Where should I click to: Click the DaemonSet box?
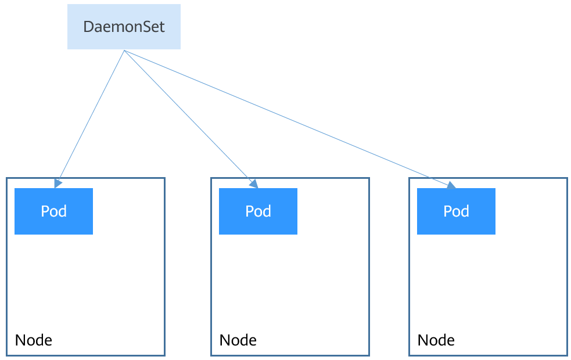coord(124,27)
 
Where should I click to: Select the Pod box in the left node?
coord(53,211)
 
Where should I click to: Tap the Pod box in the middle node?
coord(258,211)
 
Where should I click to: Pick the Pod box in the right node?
coord(456,211)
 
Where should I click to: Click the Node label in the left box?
coord(33,340)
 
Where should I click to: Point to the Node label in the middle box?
coord(238,340)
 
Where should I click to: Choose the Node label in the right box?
coord(436,340)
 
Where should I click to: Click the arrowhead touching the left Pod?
coord(58,183)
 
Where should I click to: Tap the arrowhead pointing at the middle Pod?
coord(254,183)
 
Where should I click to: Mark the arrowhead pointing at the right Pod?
coord(451,185)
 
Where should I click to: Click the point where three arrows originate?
coord(124,51)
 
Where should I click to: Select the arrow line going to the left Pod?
coord(91,116)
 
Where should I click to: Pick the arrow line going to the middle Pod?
coord(189,117)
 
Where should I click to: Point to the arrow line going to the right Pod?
coord(288,118)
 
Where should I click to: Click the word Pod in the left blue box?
coord(53,211)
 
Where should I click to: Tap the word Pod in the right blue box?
coord(456,211)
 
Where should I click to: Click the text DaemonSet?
coord(124,27)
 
